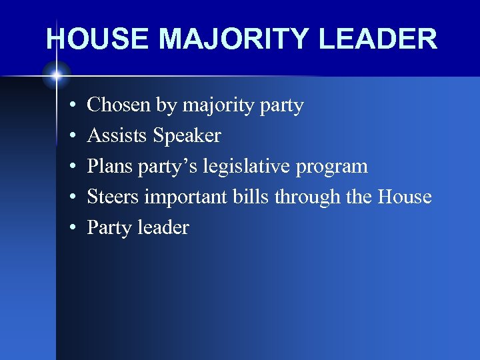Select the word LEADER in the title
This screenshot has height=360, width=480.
(x=378, y=39)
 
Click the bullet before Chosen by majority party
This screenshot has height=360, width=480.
(x=71, y=106)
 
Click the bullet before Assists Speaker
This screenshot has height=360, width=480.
(x=71, y=137)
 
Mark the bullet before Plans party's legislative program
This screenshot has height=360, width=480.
(x=71, y=167)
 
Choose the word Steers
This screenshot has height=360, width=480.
(x=113, y=197)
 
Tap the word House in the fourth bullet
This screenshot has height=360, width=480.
(x=405, y=197)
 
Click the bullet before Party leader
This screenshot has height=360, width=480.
(x=71, y=229)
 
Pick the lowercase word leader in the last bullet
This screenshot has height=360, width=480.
(x=163, y=228)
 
